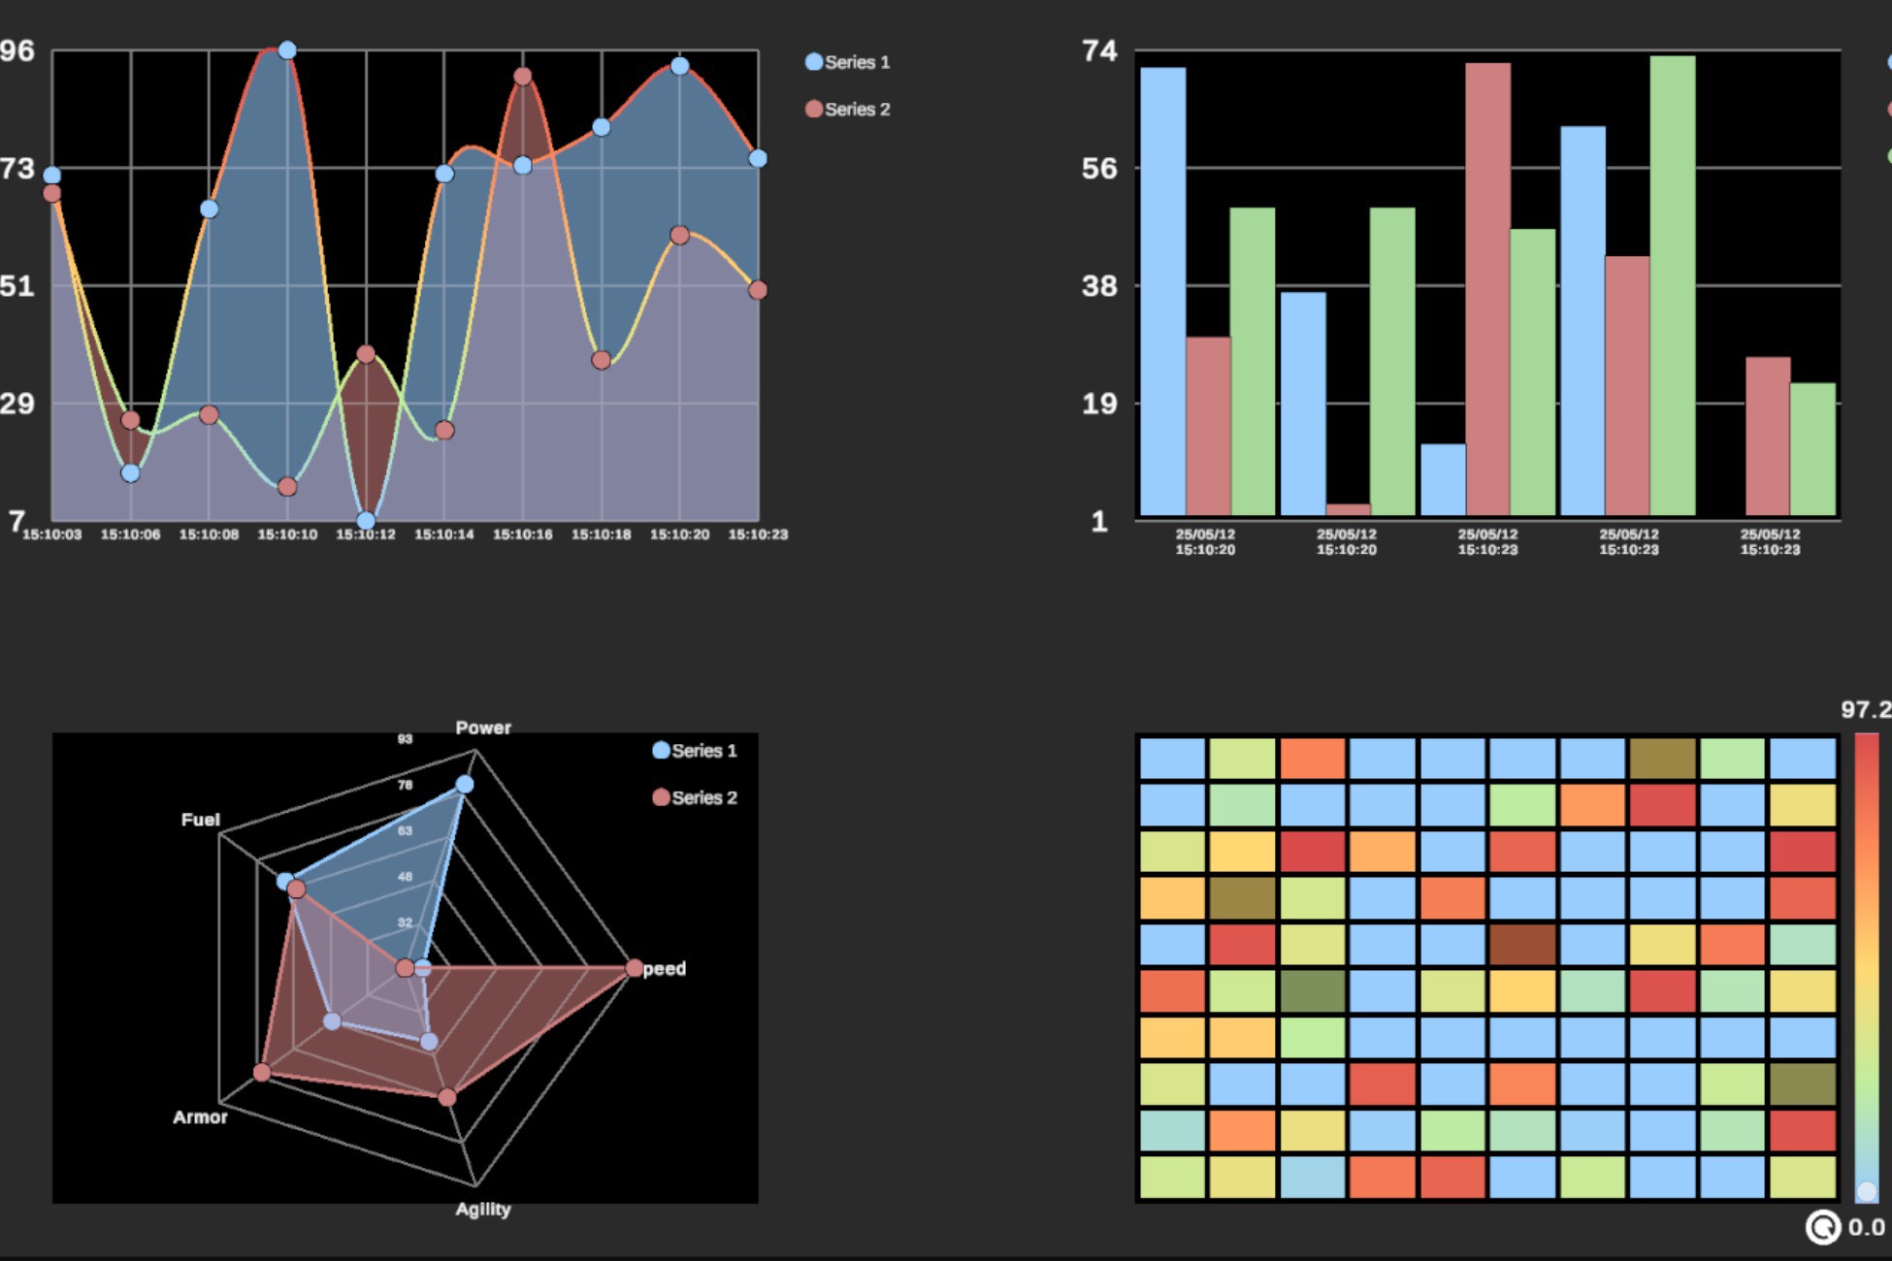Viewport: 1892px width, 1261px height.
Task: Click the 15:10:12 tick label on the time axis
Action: (366, 534)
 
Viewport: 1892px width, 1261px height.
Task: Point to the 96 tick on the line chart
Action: (16, 50)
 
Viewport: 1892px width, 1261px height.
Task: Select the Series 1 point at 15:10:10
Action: (287, 50)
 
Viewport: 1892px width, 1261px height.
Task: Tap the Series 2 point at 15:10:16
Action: (523, 77)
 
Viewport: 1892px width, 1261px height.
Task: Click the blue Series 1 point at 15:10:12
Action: (366, 521)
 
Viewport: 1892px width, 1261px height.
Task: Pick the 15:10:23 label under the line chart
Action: (758, 534)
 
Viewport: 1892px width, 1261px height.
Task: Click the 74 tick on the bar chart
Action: (1099, 50)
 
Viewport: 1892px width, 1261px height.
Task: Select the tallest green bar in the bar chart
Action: (1673, 285)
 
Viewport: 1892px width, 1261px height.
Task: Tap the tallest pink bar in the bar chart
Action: (1487, 289)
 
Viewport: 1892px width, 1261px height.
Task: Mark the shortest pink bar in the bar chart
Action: (1348, 509)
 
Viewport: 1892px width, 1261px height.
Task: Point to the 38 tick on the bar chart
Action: (1099, 286)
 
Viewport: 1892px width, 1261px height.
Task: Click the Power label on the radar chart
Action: (483, 727)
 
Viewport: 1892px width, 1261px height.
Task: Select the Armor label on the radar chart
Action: (200, 1117)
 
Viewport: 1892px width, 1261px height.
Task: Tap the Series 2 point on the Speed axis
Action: (635, 968)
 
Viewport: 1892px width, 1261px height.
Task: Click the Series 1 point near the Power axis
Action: (465, 784)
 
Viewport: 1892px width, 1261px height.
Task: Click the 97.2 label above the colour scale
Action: (1865, 710)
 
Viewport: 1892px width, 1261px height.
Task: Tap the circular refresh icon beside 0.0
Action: (1822, 1228)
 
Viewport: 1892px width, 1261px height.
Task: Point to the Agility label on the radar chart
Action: (483, 1210)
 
